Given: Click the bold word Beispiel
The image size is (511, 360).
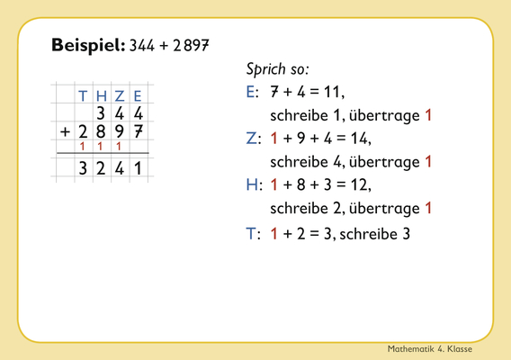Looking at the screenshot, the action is (88, 45).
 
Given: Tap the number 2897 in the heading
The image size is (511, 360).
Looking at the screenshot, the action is (191, 45).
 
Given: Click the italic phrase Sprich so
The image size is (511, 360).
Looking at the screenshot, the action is (277, 69).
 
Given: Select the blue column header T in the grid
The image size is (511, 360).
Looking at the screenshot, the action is (83, 96).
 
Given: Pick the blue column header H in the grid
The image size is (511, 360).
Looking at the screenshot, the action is (102, 96).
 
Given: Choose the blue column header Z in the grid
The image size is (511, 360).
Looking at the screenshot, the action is (120, 96).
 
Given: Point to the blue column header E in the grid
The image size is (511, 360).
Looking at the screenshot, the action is (138, 96).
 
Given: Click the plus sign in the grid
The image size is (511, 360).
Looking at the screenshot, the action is (65, 131).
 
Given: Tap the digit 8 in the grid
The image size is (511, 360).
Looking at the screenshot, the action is (101, 131).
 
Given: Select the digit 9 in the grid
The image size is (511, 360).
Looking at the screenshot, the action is (120, 131).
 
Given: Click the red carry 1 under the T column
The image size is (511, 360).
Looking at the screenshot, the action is (83, 147).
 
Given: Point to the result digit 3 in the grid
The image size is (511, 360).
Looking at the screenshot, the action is (83, 168).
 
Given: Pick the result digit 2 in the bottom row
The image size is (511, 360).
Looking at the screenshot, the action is (101, 168).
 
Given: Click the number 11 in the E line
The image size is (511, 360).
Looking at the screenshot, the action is (332, 92).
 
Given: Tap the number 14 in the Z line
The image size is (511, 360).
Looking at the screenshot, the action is (359, 139).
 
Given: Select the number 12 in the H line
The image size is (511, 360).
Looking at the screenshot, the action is (359, 184).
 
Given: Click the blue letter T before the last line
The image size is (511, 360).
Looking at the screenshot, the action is (251, 234).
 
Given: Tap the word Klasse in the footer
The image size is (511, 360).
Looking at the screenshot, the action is (460, 349).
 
